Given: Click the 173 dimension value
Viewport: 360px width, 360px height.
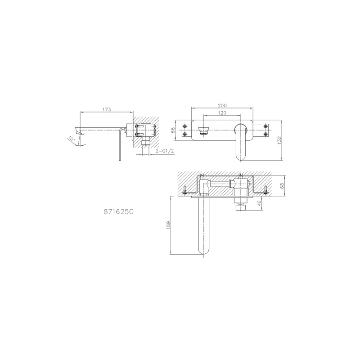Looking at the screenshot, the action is click(x=107, y=109).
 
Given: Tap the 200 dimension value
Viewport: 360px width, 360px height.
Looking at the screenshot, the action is click(x=222, y=105).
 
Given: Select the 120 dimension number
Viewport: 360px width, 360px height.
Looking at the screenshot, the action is click(x=222, y=113).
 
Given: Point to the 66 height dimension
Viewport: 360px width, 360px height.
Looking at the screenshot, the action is click(x=173, y=130).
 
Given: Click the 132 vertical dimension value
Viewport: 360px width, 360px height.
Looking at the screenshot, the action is click(x=279, y=140).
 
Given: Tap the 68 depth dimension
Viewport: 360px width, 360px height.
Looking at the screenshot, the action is click(x=282, y=185).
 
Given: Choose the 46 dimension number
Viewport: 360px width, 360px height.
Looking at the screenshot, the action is click(x=259, y=203).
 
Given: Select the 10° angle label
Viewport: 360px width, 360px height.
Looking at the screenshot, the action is click(x=72, y=139).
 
